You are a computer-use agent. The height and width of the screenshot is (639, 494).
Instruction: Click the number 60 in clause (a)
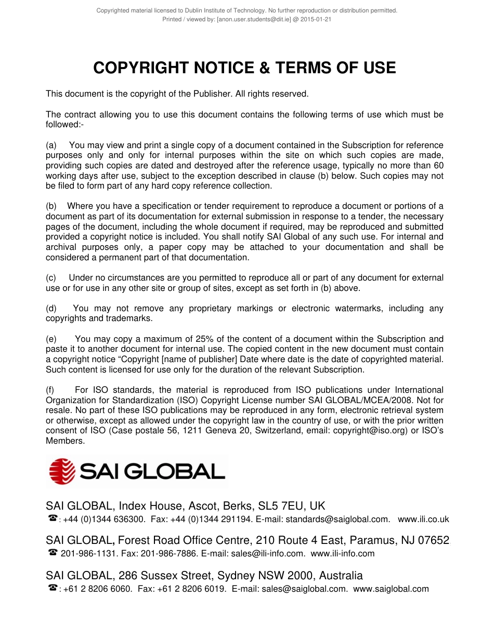click(x=438, y=165)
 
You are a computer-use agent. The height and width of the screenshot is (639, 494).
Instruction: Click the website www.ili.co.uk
click(x=423, y=519)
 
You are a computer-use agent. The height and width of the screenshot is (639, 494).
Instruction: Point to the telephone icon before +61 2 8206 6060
click(x=52, y=588)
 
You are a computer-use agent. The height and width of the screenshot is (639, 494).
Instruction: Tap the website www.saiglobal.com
click(x=391, y=589)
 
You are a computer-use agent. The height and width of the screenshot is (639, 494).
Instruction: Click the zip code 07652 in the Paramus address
click(x=433, y=540)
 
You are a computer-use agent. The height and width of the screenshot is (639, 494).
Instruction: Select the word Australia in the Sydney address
click(x=341, y=575)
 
